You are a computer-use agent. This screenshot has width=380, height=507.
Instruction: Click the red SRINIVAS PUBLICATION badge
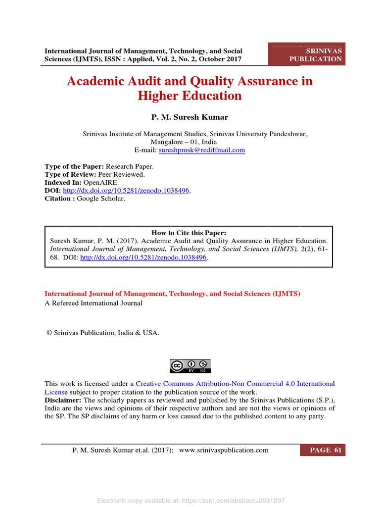[x=307, y=54]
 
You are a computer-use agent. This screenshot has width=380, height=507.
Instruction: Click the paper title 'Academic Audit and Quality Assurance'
[x=190, y=81]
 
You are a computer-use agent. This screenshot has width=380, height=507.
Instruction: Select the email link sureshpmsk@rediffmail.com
[x=201, y=150]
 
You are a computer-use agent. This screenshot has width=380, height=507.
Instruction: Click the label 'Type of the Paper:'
[x=71, y=167]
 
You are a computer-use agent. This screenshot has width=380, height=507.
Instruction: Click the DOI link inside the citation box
[x=143, y=258]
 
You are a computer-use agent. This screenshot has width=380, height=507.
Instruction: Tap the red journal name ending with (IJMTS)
[x=172, y=294]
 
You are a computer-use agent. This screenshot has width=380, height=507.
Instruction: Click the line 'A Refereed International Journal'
[x=94, y=303]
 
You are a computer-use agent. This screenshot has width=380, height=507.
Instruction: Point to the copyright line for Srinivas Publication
[x=103, y=333]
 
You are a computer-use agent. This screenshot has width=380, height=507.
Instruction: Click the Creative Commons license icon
[x=190, y=366]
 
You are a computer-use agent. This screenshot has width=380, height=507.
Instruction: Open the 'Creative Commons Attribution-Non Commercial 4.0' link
[x=235, y=384]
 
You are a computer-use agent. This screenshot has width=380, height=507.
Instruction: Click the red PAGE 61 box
[x=323, y=450]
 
